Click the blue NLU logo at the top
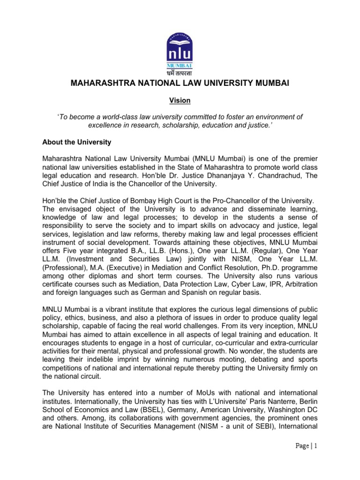[180, 45]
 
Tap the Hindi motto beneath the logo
[180, 72]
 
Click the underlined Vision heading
[180, 100]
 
